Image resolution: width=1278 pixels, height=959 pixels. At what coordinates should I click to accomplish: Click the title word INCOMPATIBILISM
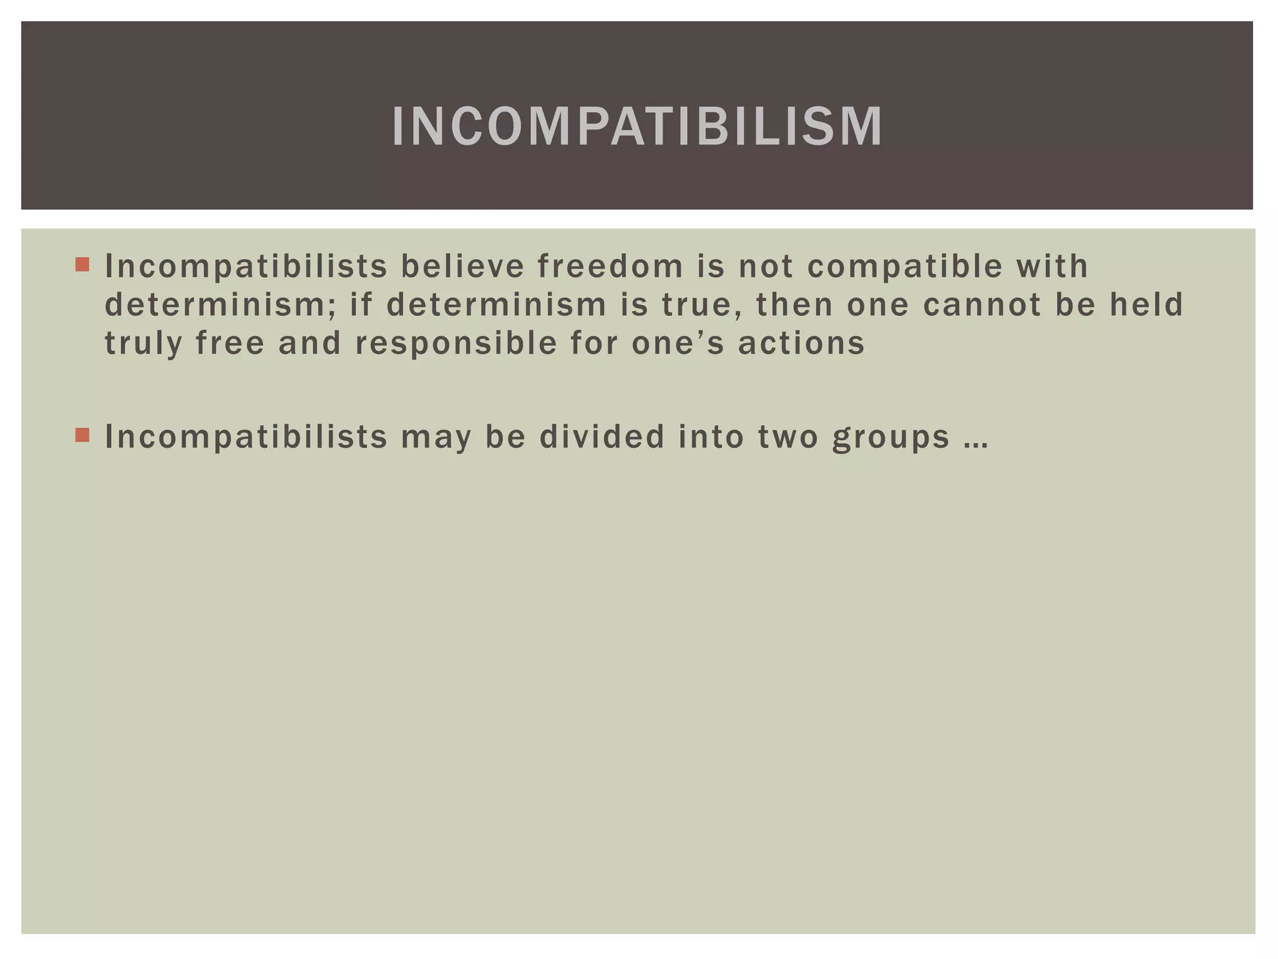point(637,127)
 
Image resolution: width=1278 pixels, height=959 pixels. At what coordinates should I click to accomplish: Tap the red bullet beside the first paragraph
point(82,265)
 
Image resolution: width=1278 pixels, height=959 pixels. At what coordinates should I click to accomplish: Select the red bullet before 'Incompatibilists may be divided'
point(82,435)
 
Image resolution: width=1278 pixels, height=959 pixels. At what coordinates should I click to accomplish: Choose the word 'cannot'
point(982,305)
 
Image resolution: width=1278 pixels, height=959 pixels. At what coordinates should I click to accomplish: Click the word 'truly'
point(143,344)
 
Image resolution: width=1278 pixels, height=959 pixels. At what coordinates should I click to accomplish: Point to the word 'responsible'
point(456,344)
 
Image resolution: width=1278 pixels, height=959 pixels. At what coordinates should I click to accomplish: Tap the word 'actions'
point(801,344)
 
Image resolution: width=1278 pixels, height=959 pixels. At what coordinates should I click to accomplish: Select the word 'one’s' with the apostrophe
point(678,344)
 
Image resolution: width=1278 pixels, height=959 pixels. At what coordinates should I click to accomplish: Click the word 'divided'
point(602,436)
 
